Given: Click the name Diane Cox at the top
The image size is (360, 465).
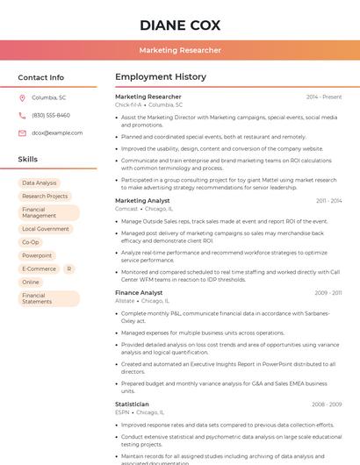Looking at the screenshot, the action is (x=179, y=25).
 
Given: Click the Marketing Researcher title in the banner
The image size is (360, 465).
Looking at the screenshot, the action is (x=179, y=50).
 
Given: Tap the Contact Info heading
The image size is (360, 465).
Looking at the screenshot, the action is (x=40, y=77).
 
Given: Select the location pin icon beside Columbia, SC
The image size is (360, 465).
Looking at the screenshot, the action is (x=22, y=97).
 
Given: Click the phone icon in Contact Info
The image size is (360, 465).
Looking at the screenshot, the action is (x=22, y=115).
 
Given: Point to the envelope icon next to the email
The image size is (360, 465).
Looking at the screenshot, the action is (x=22, y=132).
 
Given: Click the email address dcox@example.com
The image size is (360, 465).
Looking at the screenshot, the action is (x=57, y=132).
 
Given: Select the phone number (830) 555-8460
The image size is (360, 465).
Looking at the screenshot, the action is (x=51, y=115).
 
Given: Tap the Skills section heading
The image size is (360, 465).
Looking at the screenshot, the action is (x=28, y=160).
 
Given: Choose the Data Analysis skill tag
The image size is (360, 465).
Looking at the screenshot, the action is (x=40, y=183).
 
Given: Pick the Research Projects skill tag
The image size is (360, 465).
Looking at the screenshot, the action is (x=45, y=197).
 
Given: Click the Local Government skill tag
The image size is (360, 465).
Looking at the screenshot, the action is (x=46, y=229).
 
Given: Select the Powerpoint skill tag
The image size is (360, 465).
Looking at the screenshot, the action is (x=37, y=255).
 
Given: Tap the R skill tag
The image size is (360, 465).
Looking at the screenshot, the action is (x=69, y=268).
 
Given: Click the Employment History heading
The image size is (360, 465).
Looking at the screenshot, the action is (x=160, y=77).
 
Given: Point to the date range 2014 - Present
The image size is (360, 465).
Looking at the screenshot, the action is (x=323, y=97).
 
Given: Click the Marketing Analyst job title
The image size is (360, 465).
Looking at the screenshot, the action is (x=142, y=201).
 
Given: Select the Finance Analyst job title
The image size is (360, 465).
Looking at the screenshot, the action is (x=139, y=292).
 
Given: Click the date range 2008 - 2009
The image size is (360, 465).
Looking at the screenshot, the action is (x=327, y=404).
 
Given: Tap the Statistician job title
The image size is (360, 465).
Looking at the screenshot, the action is (x=132, y=404).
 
